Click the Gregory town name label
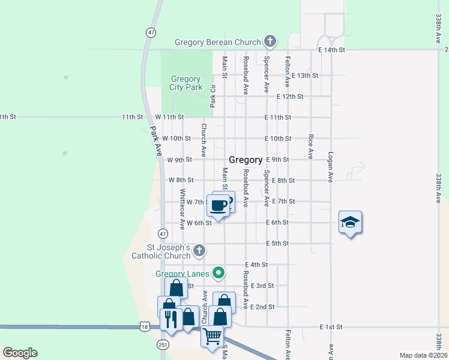246,160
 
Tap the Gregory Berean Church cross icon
270,42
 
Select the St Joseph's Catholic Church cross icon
199,250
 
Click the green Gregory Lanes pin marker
219,274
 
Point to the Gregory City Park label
185,83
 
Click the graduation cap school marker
350,223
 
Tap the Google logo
20,353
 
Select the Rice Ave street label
310,146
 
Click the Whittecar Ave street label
182,209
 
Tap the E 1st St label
330,327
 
